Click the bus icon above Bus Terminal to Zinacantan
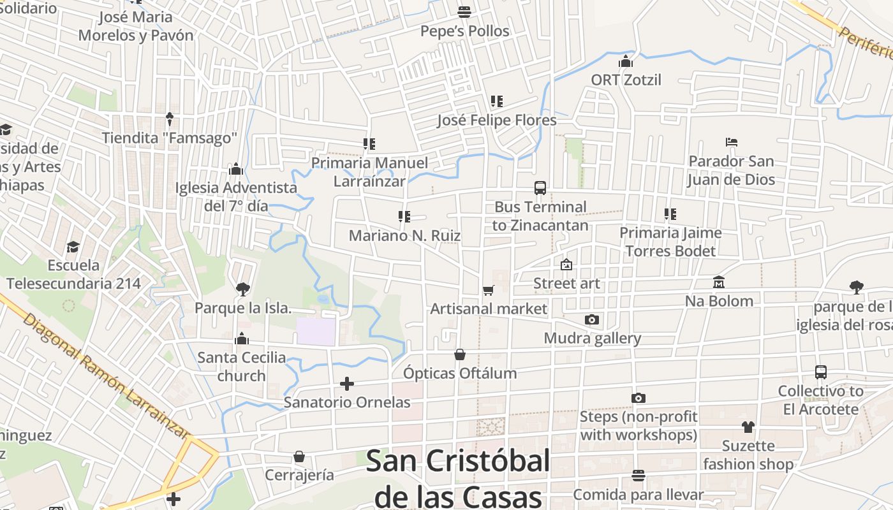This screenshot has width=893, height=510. [540, 187]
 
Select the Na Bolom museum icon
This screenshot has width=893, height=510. [719, 282]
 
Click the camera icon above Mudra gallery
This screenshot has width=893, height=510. [592, 319]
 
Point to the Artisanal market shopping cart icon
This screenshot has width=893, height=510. [489, 291]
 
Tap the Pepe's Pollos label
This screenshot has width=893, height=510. [464, 31]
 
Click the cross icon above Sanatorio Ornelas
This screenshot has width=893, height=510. [347, 384]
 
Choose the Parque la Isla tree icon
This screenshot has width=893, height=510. [242, 289]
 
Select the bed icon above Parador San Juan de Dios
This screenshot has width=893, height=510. [731, 142]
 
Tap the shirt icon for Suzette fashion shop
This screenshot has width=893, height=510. [748, 427]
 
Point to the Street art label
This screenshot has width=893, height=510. [566, 283]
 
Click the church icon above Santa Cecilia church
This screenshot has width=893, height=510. [242, 339]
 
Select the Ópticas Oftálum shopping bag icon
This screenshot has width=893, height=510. [460, 354]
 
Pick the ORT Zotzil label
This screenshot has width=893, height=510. [626, 80]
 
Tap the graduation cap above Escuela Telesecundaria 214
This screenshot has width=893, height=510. [73, 247]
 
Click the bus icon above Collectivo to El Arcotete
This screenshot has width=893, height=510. [821, 372]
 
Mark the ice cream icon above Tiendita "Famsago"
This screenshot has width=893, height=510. [170, 119]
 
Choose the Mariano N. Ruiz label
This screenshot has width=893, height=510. [404, 235]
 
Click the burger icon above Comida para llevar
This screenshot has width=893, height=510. [638, 476]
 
